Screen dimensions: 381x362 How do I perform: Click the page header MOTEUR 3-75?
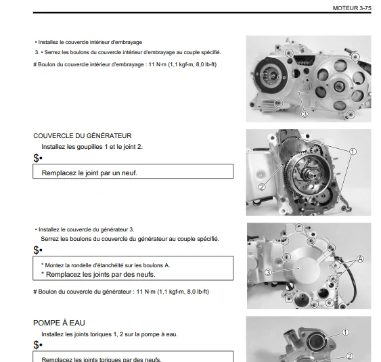(352, 8)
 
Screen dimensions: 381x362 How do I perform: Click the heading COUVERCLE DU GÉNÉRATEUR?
(83, 136)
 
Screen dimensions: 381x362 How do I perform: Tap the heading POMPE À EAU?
(59, 323)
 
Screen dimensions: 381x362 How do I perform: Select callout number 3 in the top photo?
(305, 114)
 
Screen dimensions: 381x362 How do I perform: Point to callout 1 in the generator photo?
(353, 152)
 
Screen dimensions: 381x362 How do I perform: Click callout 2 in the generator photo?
(262, 187)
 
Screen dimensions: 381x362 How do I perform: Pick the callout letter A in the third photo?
(360, 259)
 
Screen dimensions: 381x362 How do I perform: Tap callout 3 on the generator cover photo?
(268, 273)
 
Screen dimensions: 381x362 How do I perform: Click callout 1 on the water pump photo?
(345, 332)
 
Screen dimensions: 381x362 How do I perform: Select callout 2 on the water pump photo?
(349, 356)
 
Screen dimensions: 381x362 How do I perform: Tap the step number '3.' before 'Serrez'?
(37, 52)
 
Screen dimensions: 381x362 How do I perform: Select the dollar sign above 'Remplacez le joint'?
(36, 158)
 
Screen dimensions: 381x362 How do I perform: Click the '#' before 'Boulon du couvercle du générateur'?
(35, 292)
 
